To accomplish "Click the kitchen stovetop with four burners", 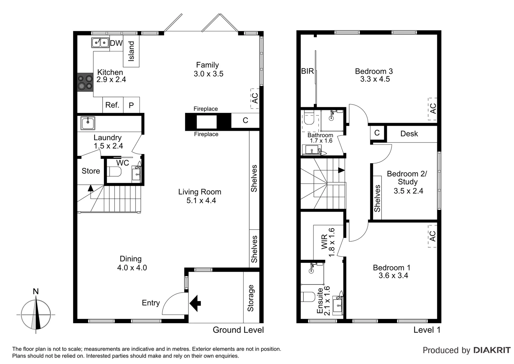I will (x=85, y=82).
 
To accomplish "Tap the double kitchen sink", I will (x=100, y=43).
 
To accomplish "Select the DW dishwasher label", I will (x=116, y=43).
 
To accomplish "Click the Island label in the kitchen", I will (x=131, y=51).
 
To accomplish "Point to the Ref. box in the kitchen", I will (x=112, y=105).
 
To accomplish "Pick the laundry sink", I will (x=88, y=123).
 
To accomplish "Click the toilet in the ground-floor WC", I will (x=114, y=172).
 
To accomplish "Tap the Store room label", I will (x=91, y=171).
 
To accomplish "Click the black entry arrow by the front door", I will (x=195, y=303).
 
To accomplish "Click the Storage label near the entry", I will (x=251, y=298).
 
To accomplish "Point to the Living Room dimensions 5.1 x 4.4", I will (x=201, y=201).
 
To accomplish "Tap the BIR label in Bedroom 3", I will (x=307, y=71).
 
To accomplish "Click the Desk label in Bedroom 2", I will (x=409, y=134).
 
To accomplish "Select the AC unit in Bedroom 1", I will (x=432, y=236).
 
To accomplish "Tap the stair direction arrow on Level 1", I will (x=341, y=170).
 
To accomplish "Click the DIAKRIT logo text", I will (x=492, y=350).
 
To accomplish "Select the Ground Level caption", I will (x=238, y=330).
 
